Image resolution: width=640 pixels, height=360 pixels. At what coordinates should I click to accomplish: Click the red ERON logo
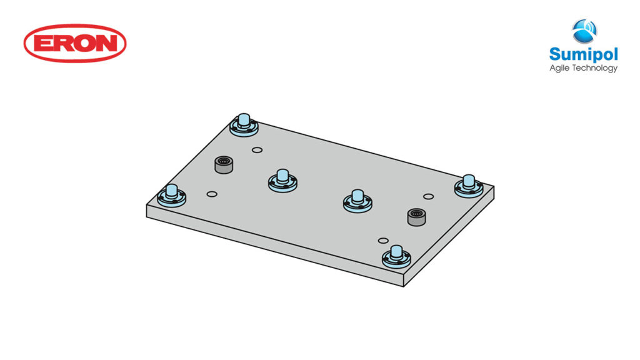pyautogui.click(x=75, y=43)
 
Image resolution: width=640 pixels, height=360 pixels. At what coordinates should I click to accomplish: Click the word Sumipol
pyautogui.click(x=582, y=54)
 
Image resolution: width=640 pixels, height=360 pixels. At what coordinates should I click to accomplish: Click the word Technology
pyautogui.click(x=597, y=68)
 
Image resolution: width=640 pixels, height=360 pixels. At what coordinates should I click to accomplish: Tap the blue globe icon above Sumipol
pyautogui.click(x=584, y=31)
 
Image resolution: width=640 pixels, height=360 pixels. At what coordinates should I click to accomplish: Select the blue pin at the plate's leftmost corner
pyautogui.click(x=171, y=196)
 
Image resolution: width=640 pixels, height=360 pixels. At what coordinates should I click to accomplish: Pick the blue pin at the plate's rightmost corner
pyautogui.click(x=468, y=185)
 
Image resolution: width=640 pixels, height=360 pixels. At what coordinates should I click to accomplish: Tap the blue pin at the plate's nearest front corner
pyautogui.click(x=395, y=256)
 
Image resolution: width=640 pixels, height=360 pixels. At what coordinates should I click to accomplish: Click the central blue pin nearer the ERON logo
pyautogui.click(x=282, y=180)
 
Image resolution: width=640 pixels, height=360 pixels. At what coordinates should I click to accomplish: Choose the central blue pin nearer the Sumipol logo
pyautogui.click(x=357, y=200)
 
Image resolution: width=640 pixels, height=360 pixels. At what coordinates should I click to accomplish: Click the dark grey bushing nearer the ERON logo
pyautogui.click(x=223, y=166)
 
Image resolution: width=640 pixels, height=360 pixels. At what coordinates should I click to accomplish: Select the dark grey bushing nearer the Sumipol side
pyautogui.click(x=416, y=217)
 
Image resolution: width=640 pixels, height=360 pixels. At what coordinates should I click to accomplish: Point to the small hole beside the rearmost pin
pyautogui.click(x=256, y=150)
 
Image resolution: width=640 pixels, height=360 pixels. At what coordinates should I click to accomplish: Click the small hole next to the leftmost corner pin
pyautogui.click(x=211, y=194)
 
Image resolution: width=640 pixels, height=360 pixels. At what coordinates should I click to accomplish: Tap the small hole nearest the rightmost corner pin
pyautogui.click(x=428, y=197)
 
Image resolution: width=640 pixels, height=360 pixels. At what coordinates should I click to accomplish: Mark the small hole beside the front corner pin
pyautogui.click(x=383, y=241)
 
